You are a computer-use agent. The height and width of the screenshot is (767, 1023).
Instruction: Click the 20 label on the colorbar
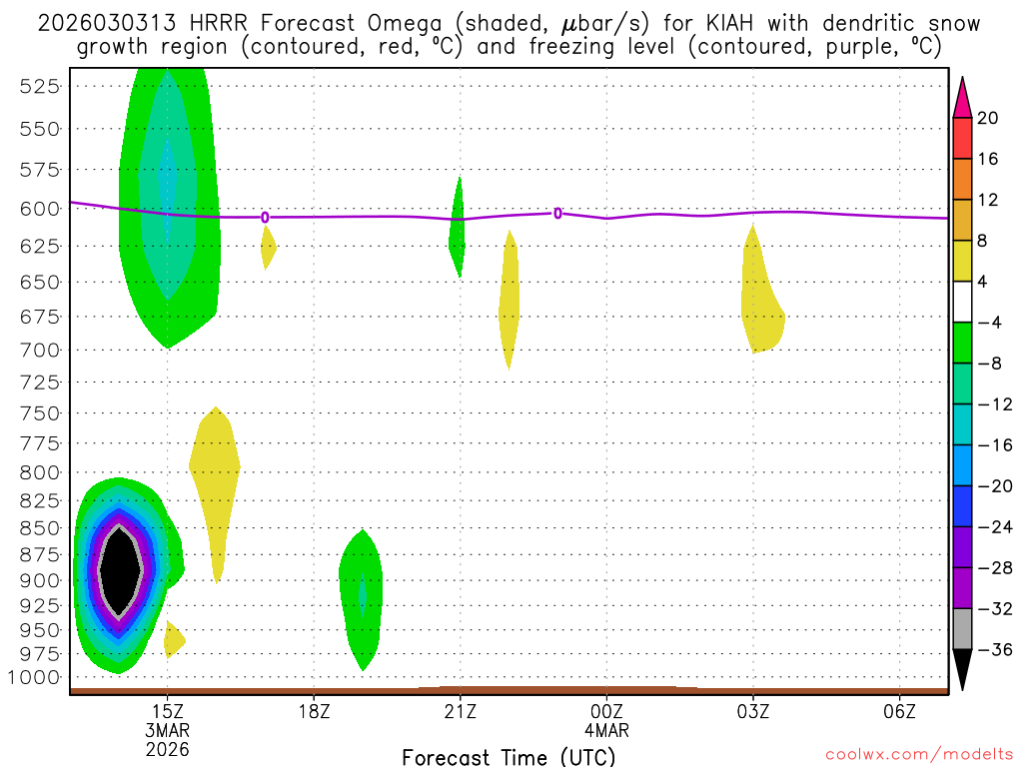988,118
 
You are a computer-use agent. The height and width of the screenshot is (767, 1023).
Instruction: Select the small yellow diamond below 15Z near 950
173,638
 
